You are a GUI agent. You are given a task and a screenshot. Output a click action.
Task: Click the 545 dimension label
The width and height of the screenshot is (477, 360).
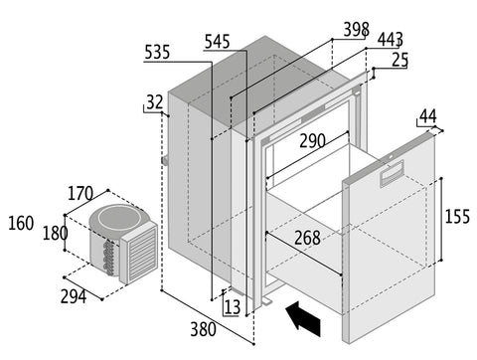click(217, 42)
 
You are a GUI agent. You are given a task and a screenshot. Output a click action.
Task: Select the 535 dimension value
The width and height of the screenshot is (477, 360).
click(157, 53)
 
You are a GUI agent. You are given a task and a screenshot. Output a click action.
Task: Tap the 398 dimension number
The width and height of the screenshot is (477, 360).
click(356, 30)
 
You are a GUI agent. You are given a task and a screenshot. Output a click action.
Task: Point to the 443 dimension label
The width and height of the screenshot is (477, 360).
click(391, 40)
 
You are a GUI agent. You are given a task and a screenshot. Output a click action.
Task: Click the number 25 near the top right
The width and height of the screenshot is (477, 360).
click(399, 60)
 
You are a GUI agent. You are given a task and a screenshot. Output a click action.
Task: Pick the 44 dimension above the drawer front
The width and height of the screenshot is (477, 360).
click(428, 116)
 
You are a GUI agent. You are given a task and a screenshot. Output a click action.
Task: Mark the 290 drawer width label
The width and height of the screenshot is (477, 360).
click(312, 141)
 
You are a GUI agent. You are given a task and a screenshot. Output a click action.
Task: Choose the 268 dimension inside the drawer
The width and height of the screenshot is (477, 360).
click(307, 238)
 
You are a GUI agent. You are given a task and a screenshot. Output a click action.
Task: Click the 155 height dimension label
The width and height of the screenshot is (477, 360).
click(457, 217)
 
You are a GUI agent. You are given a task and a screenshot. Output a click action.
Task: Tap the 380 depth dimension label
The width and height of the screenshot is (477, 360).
click(203, 329)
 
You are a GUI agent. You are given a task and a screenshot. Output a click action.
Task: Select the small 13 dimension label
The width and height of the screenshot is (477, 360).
click(233, 307)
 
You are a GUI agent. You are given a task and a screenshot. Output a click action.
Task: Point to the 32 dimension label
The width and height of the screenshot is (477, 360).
click(155, 102)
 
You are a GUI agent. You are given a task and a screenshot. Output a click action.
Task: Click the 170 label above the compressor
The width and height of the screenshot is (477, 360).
click(80, 194)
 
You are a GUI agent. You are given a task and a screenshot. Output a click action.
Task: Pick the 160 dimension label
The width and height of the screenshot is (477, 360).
click(21, 223)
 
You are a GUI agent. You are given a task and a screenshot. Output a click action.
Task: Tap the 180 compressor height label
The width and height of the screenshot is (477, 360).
click(56, 234)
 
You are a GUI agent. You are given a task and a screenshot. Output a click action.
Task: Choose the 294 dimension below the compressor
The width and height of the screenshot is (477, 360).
click(74, 296)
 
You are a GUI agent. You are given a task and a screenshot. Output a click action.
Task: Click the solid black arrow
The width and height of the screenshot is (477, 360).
click(303, 318)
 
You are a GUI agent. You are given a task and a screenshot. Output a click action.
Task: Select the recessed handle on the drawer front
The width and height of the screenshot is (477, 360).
click(392, 173)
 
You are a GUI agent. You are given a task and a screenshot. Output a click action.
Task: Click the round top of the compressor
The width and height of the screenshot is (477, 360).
click(119, 219)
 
